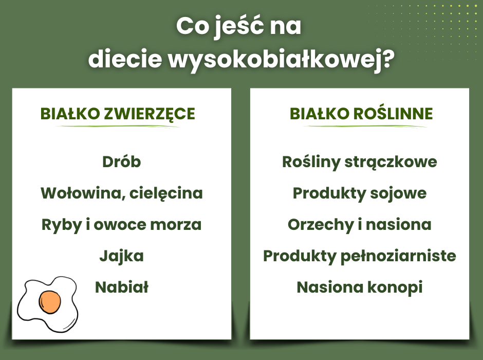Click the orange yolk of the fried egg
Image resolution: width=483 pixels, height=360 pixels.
point(50,302)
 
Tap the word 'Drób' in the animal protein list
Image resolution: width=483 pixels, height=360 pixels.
point(121,161)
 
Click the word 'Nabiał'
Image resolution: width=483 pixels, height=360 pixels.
point(121,287)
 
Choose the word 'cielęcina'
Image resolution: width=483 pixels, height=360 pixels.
point(166,193)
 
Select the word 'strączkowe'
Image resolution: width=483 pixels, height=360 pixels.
point(391,162)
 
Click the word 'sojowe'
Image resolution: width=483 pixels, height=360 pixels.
point(398,193)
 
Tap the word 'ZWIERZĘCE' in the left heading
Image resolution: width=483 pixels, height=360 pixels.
point(150,114)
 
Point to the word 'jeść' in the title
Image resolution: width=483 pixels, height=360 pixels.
point(239,27)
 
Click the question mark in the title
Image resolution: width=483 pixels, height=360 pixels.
point(386,58)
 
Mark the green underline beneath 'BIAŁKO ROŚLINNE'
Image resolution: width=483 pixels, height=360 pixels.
point(365,126)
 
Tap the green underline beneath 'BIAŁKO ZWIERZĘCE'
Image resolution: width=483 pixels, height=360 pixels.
point(117,126)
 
